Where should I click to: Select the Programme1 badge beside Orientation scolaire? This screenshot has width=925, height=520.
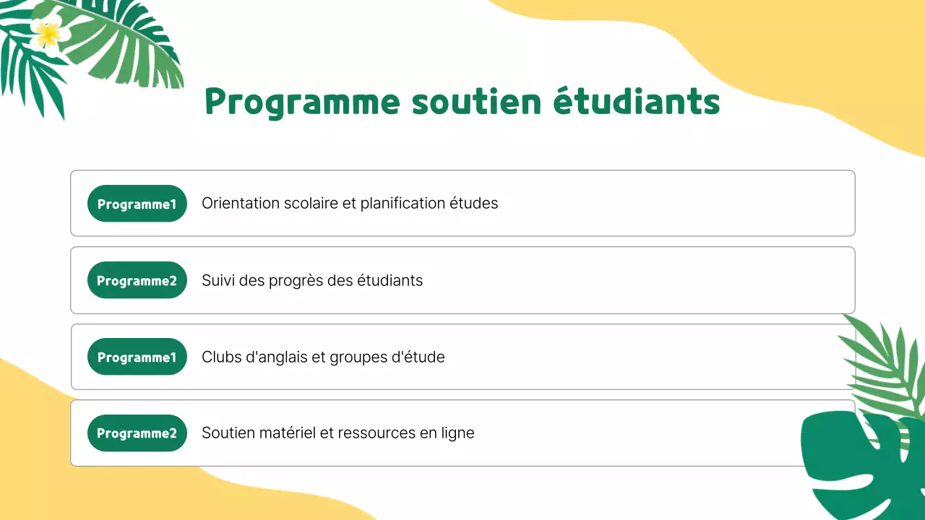click(137, 204)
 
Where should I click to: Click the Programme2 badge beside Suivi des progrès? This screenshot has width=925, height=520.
click(137, 280)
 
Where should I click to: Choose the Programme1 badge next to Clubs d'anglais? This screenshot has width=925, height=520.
click(137, 357)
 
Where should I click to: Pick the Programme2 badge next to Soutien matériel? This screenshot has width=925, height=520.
click(137, 433)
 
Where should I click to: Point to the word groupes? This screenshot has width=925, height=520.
click(358, 357)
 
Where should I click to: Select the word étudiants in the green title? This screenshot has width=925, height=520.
click(637, 102)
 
